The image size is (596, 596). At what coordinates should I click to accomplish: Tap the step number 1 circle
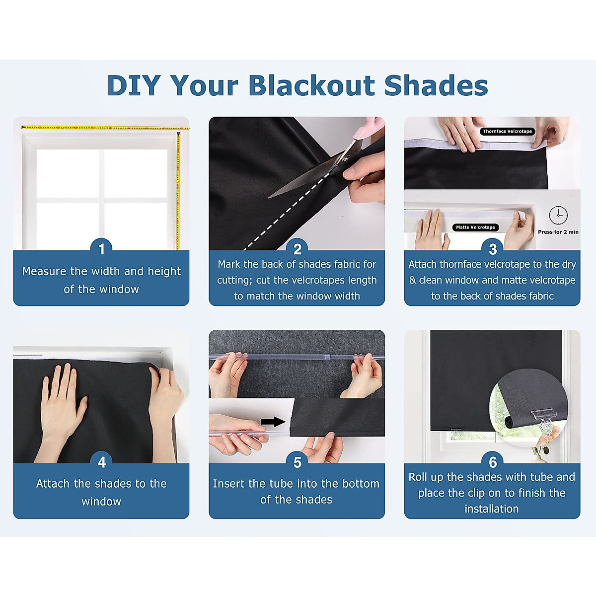pyautogui.click(x=101, y=248)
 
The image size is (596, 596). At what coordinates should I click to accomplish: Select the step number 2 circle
pyautogui.click(x=297, y=248)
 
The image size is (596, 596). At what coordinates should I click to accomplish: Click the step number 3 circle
pyautogui.click(x=492, y=248)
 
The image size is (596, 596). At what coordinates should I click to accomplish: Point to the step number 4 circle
pyautogui.click(x=101, y=462)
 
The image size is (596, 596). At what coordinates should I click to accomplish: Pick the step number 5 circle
pyautogui.click(x=297, y=462)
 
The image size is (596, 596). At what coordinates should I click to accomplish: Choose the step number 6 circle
pyautogui.click(x=492, y=462)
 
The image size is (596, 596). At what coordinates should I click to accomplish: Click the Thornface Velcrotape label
pyautogui.click(x=507, y=132)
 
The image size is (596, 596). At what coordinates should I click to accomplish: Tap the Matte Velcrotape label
pyautogui.click(x=475, y=227)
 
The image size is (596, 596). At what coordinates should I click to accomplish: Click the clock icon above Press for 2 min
pyautogui.click(x=558, y=215)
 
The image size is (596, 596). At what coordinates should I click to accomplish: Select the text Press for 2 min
pyautogui.click(x=558, y=232)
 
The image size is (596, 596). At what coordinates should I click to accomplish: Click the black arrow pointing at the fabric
pyautogui.click(x=273, y=422)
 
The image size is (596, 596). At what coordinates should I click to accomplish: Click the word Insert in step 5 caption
pyautogui.click(x=228, y=484)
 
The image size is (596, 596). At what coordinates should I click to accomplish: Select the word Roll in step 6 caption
pyautogui.click(x=418, y=477)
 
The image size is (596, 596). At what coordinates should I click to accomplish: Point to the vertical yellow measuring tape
pyautogui.click(x=178, y=189)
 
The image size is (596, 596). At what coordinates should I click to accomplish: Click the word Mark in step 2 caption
pyautogui.click(x=229, y=265)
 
